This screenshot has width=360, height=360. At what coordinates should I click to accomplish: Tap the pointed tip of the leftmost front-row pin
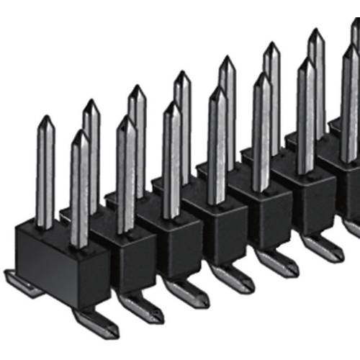click(80, 132)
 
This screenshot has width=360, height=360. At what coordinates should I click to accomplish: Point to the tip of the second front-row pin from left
click(126, 118)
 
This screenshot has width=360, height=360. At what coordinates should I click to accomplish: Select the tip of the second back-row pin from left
click(91, 102)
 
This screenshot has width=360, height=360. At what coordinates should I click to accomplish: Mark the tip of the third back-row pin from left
click(136, 87)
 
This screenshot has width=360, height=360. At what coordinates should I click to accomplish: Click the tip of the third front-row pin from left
click(171, 103)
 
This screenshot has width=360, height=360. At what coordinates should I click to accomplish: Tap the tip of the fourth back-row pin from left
click(182, 73)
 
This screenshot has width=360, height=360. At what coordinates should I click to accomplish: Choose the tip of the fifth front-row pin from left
click(261, 74)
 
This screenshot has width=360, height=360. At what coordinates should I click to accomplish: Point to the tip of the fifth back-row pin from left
click(227, 58)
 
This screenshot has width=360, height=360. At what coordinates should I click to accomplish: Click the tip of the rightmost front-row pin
click(351, 46)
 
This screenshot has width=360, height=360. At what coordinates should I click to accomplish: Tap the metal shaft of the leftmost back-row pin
click(45, 173)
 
